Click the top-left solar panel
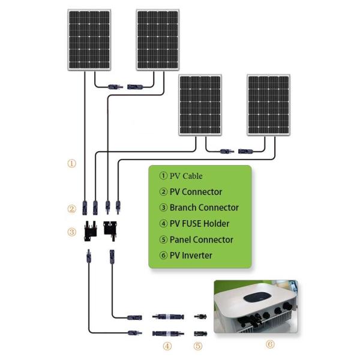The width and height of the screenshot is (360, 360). (x=89, y=40)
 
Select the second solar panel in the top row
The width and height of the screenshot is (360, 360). (x=158, y=40)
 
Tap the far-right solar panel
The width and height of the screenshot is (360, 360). (x=269, y=105)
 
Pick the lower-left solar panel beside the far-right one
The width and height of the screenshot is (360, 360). (x=200, y=105)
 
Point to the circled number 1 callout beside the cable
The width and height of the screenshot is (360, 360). (x=72, y=163)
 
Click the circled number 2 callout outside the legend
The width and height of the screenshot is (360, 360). (x=72, y=209)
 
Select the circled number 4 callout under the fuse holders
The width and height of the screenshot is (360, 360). (x=167, y=346)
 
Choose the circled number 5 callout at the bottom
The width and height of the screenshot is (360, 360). (x=198, y=346)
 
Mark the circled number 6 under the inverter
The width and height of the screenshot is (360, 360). (x=270, y=344)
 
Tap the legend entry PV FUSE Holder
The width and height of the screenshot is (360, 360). (x=199, y=224)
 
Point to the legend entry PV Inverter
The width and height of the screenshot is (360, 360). (x=191, y=255)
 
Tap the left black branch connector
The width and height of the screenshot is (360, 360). (x=91, y=230)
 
